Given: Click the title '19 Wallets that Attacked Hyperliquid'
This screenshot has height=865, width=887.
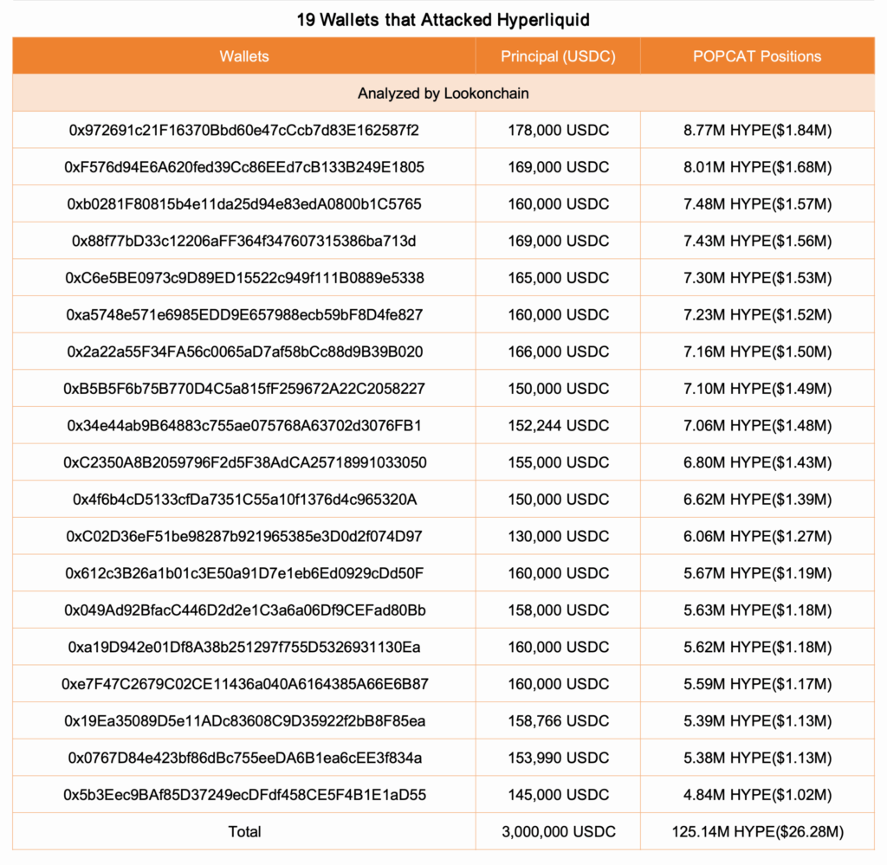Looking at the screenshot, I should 443,19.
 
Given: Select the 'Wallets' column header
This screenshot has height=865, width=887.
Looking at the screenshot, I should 244,56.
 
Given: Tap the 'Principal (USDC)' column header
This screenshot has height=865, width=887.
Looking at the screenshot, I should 558,56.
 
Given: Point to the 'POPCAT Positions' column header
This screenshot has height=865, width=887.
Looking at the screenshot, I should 757,56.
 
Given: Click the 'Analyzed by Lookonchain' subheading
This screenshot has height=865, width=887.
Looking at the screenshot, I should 443,93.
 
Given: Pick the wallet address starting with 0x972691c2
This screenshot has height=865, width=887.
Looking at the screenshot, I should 244,130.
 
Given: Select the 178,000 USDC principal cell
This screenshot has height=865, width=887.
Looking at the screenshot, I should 558,130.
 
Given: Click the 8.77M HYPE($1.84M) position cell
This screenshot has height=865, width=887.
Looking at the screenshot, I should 757,130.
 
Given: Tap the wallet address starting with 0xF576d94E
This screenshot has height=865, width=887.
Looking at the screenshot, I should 244,167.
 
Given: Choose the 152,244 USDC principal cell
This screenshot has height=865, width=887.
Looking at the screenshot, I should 558,425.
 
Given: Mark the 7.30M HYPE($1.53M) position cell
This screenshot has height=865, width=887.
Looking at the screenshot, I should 757,278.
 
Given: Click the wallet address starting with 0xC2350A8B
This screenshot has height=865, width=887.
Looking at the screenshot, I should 244,462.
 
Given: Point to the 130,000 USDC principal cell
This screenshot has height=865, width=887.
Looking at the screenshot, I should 558,536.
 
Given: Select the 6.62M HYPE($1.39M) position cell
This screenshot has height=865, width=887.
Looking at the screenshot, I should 757,500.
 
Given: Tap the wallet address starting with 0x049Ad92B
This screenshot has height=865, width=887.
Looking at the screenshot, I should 244,610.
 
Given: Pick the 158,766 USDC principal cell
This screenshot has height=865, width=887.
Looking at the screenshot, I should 558,721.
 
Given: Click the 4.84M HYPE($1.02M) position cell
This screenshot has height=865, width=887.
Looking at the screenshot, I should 757,795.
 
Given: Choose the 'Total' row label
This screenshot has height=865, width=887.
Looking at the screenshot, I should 244,831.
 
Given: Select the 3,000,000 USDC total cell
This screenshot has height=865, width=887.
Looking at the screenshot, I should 558,831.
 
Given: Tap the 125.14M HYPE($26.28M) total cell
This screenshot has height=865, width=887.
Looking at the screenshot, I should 757,831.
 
